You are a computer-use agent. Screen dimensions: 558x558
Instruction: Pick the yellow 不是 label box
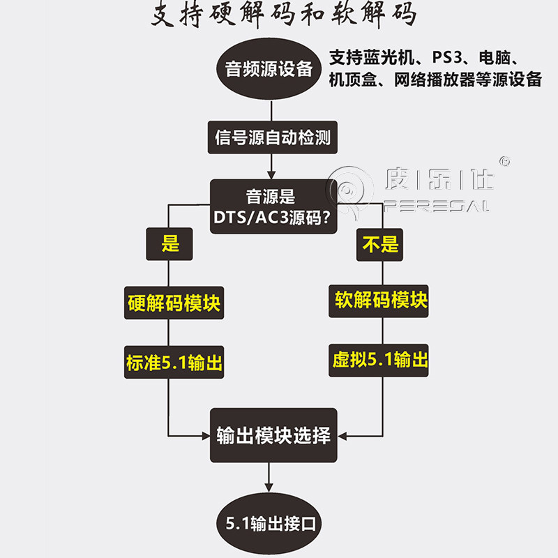(x=381, y=244)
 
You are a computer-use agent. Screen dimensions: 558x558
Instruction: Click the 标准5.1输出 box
(x=174, y=362)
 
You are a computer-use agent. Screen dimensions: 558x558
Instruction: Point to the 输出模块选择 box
(x=273, y=436)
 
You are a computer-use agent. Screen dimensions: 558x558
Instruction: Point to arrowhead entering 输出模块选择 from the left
(x=206, y=436)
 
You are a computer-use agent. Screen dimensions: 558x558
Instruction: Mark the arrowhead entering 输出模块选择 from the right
(x=342, y=436)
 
